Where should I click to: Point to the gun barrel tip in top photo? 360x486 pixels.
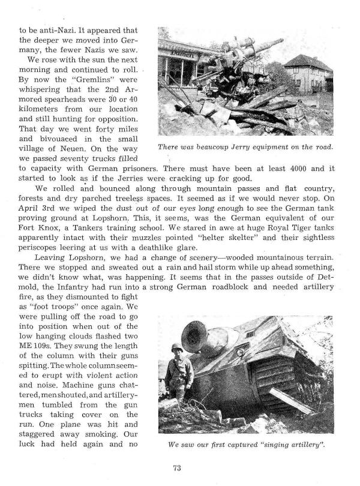point(280,41)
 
